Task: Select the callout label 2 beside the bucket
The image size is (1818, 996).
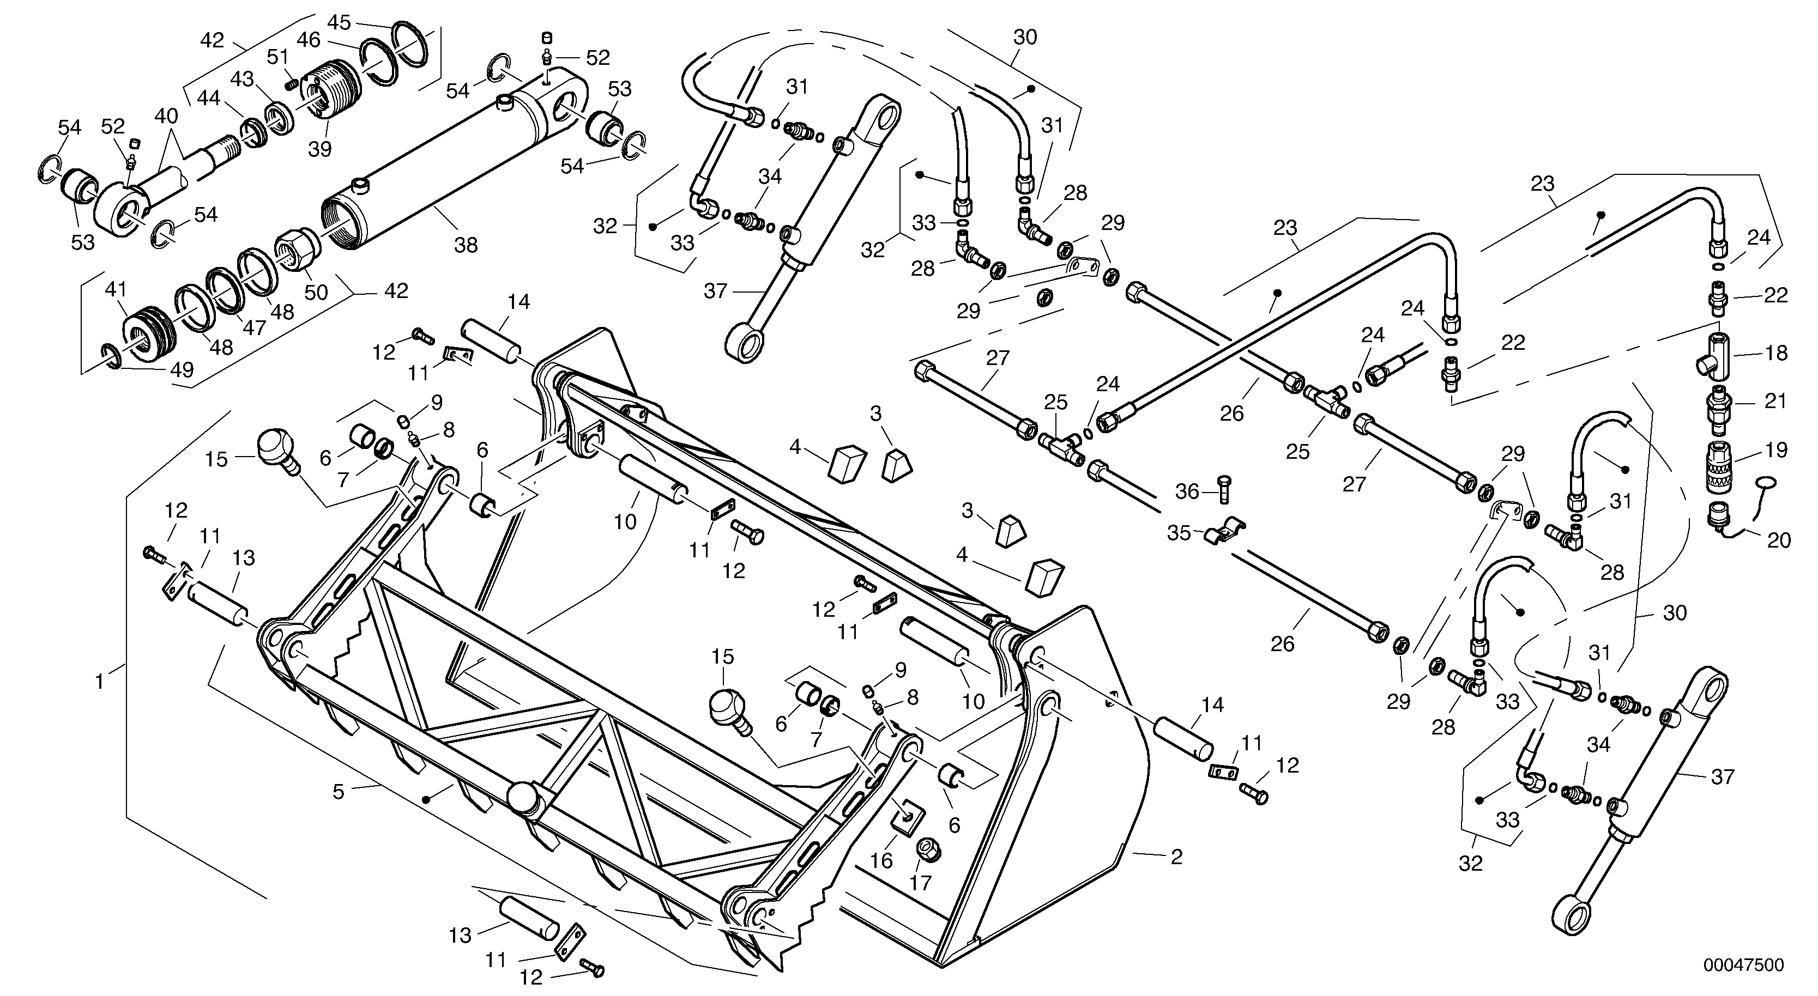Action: pos(1176,857)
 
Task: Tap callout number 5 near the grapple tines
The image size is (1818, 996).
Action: pos(339,792)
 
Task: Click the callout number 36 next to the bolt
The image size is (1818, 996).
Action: pos(1187,491)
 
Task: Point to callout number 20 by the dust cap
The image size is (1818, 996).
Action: pos(1778,540)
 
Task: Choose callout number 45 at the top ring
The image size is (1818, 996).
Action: pos(339,22)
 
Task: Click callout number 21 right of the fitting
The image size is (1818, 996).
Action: pos(1775,402)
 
